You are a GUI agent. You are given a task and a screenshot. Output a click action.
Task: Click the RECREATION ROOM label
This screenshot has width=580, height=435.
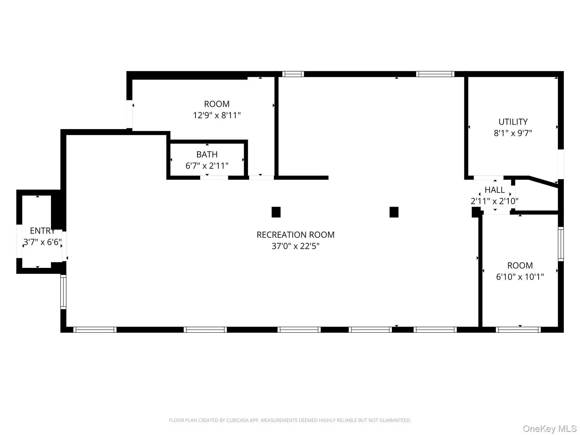coord(295,235)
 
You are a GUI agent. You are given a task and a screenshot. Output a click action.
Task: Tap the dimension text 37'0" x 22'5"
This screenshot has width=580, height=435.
coord(295,246)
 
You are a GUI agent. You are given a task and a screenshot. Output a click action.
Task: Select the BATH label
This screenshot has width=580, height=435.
coord(207,154)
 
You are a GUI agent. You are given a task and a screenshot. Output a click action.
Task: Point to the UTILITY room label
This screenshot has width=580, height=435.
coord(513,122)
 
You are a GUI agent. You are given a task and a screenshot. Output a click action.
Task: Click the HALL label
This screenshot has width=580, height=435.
coord(494,190)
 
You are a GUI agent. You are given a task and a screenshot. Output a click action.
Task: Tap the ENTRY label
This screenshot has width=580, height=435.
coord(42,231)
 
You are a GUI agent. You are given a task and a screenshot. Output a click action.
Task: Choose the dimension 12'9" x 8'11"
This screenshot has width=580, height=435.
coord(217,116)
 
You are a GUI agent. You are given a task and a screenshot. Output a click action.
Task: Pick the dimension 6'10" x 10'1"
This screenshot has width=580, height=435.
coord(520,277)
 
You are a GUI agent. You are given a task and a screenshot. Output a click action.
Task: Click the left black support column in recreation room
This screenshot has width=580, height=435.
coord(276,212)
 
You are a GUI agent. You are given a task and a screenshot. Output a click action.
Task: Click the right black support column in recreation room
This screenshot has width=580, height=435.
coord(394,212)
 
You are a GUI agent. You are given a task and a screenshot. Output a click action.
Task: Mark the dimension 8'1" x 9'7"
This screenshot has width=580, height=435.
coord(513,133)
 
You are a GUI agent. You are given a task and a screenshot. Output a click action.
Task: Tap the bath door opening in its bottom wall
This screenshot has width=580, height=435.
coord(214,178)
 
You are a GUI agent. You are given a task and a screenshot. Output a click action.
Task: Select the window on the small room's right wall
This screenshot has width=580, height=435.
coord(561,244)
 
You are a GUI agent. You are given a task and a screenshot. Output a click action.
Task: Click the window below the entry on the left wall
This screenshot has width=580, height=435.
coord(63,292)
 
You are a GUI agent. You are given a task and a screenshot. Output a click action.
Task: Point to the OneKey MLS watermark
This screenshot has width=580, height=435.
coord(549,429)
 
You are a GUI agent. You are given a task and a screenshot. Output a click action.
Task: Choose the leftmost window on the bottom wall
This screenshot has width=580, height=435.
coord(95,330)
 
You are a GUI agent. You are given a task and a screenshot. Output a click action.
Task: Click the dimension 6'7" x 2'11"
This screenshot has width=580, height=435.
coord(207,166)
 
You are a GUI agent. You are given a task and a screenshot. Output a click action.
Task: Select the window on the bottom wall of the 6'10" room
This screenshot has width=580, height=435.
coord(518,330)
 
